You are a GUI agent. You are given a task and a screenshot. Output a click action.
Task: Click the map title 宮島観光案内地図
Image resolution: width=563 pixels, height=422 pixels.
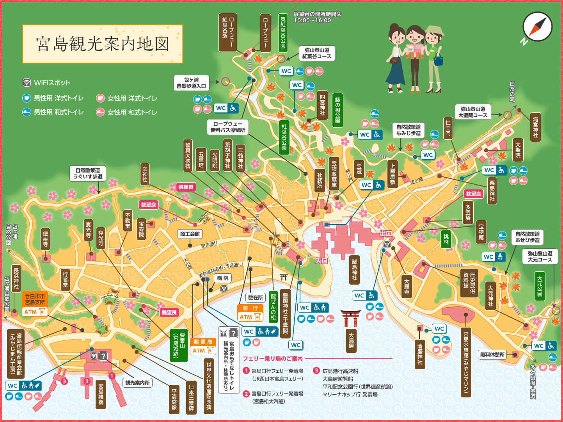click(103, 44)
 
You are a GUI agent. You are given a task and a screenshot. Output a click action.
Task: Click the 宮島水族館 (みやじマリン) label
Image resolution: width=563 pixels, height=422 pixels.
click(466, 363)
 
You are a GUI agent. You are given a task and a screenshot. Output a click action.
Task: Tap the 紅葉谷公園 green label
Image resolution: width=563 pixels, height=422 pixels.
click(284, 137)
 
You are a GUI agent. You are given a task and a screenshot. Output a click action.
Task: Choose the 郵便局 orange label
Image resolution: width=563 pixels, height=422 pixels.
click(203, 342)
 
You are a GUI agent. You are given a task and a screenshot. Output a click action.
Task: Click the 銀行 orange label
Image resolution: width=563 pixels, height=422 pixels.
click(250, 308)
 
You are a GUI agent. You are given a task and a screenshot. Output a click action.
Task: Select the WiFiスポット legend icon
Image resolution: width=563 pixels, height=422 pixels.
click(27, 82)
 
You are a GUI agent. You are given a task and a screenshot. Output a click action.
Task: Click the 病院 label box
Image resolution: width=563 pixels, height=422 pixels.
click(223, 278)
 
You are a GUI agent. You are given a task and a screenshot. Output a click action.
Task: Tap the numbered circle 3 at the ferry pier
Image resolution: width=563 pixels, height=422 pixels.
click(64, 381)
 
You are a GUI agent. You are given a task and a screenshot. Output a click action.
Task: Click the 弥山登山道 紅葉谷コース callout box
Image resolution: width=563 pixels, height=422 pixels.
click(316, 53)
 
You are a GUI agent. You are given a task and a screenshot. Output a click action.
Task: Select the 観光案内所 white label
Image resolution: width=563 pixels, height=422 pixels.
click(137, 383)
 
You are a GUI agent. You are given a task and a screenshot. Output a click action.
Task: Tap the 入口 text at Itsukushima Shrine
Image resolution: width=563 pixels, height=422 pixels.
click(321, 260)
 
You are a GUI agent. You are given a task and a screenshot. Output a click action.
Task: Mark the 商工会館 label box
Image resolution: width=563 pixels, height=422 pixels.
click(190, 234)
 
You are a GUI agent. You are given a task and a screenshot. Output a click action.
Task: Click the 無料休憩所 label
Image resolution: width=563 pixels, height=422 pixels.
click(492, 354)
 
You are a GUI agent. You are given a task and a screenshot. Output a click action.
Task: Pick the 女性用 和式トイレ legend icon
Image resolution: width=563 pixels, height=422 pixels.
click(100, 112)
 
